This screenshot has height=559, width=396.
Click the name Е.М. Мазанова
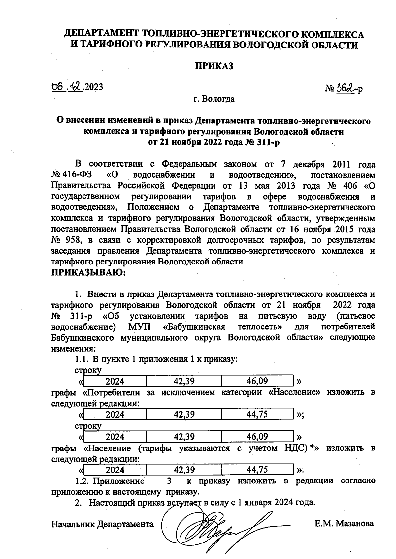pyautogui.click(x=344, y=523)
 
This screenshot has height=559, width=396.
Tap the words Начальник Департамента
pyautogui.click(x=103, y=524)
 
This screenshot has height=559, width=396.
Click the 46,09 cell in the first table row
pyautogui.click(x=257, y=381)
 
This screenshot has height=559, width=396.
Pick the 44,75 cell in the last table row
pyautogui.click(x=257, y=469)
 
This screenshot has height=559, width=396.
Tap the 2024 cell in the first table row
pyautogui.click(x=115, y=381)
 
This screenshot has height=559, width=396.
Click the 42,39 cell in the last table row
pyautogui.click(x=184, y=469)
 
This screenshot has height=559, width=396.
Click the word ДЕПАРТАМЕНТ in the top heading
pyautogui.click(x=101, y=34)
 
